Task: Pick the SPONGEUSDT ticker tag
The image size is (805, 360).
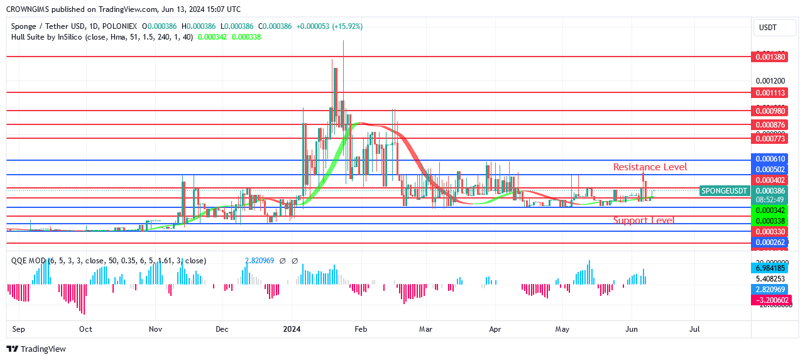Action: coord(725,190)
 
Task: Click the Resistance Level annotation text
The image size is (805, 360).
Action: coord(650,167)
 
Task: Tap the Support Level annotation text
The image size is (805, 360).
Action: coord(643,221)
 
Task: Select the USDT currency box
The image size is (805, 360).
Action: coord(768,28)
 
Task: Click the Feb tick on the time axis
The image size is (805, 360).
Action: coord(360,329)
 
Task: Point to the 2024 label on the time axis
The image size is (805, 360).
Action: coord(291,329)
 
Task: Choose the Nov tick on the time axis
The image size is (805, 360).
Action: coord(156,329)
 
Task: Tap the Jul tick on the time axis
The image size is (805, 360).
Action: coord(694,329)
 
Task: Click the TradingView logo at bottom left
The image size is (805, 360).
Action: coord(36,349)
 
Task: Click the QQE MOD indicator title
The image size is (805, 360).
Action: coord(28,261)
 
